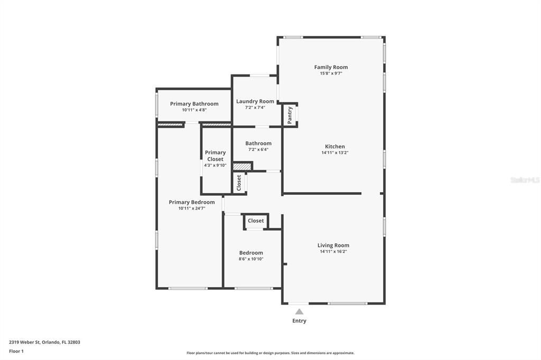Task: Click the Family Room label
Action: click(331, 67)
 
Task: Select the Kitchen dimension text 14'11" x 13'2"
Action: click(335, 153)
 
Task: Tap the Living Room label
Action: click(333, 245)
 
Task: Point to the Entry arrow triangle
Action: click(299, 311)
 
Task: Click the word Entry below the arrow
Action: click(299, 320)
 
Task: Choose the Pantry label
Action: click(290, 115)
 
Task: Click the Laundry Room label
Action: click(255, 101)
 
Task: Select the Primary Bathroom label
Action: click(194, 103)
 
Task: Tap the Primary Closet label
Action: click(215, 156)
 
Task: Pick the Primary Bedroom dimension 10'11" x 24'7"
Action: click(192, 209)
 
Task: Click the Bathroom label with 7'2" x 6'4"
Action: click(258, 143)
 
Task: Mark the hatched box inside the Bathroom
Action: click(241, 166)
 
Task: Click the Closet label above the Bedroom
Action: click(256, 221)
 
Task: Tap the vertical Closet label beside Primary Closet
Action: click(239, 183)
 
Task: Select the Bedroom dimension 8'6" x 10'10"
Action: click(251, 259)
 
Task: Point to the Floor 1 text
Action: click(16, 351)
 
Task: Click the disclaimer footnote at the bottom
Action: click(270, 353)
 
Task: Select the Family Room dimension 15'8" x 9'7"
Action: click(331, 73)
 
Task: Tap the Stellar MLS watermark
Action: click(525, 180)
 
